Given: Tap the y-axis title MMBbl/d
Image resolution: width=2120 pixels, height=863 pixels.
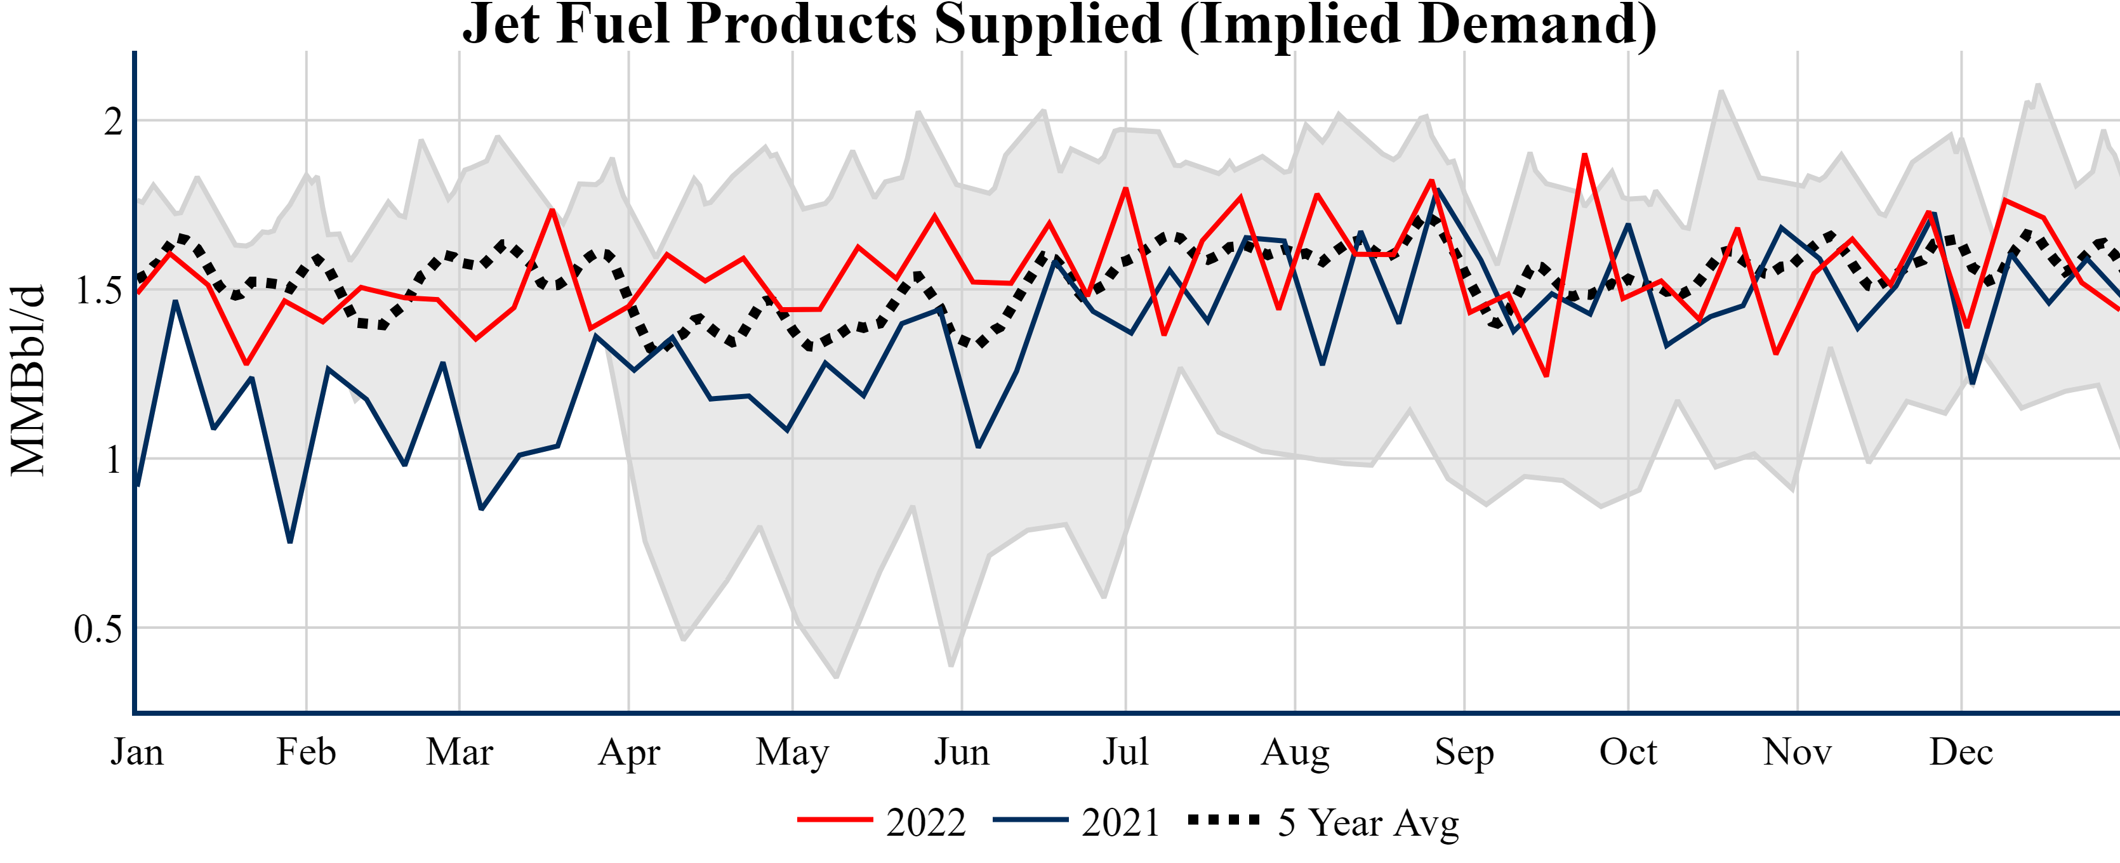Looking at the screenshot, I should pyautogui.click(x=27, y=380).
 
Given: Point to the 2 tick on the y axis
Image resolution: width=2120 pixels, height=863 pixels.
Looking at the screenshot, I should pyautogui.click(x=114, y=122).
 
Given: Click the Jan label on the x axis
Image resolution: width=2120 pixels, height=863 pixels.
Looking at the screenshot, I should pyautogui.click(x=136, y=752).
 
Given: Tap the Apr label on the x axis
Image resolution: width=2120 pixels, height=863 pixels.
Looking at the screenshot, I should pyautogui.click(x=629, y=752).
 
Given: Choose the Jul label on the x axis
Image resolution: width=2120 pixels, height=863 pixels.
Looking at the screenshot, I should pyautogui.click(x=1125, y=752).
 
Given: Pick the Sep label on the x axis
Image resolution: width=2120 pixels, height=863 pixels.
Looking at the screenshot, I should pyautogui.click(x=1464, y=752).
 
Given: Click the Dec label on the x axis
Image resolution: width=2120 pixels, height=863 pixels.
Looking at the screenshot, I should pyautogui.click(x=1961, y=752).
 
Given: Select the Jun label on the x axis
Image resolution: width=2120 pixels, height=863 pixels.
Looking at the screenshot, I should pyautogui.click(x=961, y=752).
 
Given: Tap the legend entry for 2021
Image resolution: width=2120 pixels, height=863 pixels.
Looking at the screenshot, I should pyautogui.click(x=1077, y=822).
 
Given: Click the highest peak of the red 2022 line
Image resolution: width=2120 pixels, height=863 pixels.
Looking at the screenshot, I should pyautogui.click(x=1584, y=155).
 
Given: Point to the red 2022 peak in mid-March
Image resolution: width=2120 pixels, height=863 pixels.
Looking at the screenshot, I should pyautogui.click(x=552, y=211).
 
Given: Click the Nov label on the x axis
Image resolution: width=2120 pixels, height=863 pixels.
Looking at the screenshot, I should pyautogui.click(x=1798, y=752).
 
